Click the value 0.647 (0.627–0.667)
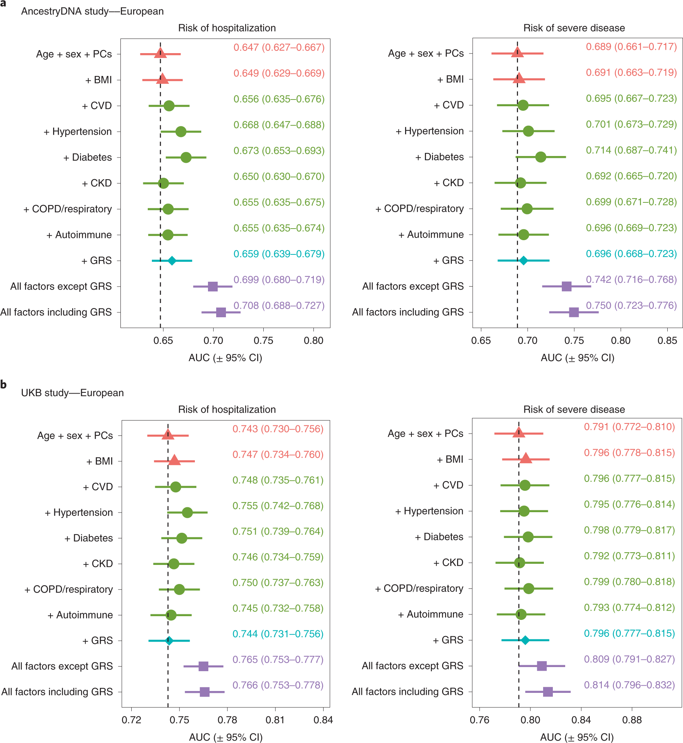pos(279,48)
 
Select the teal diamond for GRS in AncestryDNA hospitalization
pos(172,261)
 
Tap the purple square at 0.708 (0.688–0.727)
pos(221,312)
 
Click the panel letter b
pos(3,384)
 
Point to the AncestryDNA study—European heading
pos(92,11)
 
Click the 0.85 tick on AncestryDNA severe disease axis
pos(667,340)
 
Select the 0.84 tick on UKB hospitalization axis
pos(323,720)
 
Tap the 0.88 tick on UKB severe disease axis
pos(632,720)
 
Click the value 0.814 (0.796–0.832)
pos(629,685)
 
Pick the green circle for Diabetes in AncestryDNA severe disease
pos(540,157)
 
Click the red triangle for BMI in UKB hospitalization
pos(174,461)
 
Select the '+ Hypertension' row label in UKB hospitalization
pos(79,513)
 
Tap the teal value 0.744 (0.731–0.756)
pos(278,634)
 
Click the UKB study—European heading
pos(72,393)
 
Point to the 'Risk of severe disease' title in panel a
pos(574,28)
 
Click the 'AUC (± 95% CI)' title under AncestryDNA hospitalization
pos(225,358)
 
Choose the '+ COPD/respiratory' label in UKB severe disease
pos(419,588)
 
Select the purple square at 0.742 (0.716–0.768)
pos(566,287)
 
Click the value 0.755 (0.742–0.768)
pos(278,506)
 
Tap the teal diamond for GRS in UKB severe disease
pos(525,640)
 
